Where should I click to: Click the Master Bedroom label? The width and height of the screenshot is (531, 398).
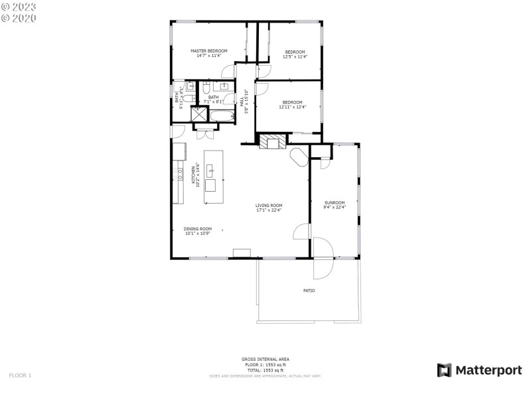pyautogui.click(x=209, y=51)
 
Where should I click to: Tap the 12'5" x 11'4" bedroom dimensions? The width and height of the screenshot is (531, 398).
pyautogui.click(x=295, y=57)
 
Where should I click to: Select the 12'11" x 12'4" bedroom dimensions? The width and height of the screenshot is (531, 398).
pyautogui.click(x=292, y=107)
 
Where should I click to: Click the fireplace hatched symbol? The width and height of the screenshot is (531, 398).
pyautogui.click(x=270, y=142)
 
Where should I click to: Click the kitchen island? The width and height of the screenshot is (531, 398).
pyautogui.click(x=212, y=170)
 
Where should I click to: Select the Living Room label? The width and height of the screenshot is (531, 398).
pyautogui.click(x=269, y=205)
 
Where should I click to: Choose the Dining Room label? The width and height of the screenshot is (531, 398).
pyautogui.click(x=198, y=229)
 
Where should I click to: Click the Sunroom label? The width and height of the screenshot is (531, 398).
pyautogui.click(x=335, y=202)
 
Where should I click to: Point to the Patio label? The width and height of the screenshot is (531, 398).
pyautogui.click(x=309, y=291)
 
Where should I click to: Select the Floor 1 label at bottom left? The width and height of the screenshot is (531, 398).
pyautogui.click(x=20, y=375)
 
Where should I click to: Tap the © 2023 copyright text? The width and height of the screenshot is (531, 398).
pyautogui.click(x=19, y=7)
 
